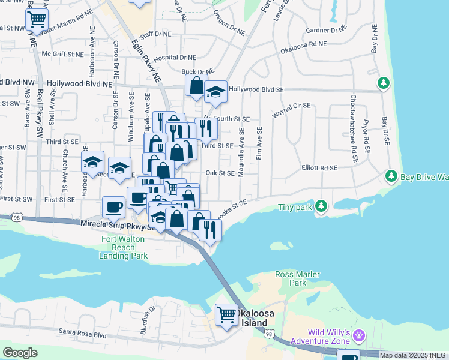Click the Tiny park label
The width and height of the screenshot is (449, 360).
point(295,208)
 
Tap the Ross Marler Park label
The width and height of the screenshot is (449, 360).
point(291,278)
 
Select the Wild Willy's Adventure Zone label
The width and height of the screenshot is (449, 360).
point(328,337)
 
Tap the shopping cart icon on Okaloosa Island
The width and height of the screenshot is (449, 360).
point(227,314)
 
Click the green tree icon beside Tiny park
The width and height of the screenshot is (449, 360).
point(321,207)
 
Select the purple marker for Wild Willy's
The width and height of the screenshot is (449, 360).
point(359,334)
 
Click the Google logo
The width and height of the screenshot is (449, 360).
point(20,353)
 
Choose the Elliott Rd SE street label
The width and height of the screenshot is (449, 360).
point(319,169)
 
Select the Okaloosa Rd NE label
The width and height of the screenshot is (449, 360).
point(303,44)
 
